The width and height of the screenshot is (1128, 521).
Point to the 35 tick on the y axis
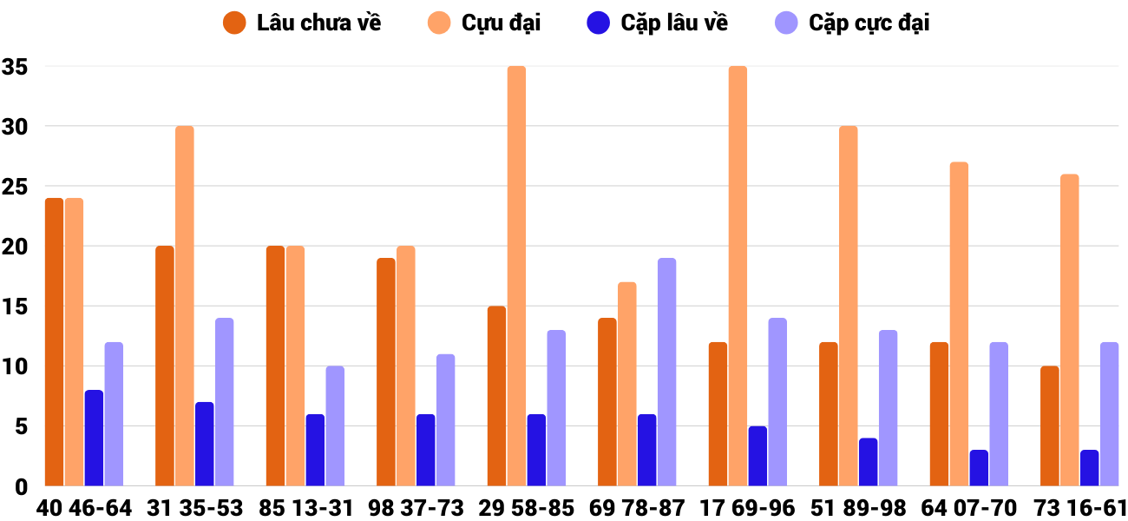tap(16, 67)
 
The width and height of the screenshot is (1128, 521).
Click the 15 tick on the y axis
tap(16, 307)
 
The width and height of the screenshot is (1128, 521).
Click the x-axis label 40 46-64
tap(84, 508)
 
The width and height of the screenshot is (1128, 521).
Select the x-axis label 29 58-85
tap(527, 508)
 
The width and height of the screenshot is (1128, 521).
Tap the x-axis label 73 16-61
tap(1079, 508)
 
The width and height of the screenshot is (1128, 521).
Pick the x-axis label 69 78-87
tap(637, 508)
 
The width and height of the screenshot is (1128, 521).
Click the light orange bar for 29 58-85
tap(516, 276)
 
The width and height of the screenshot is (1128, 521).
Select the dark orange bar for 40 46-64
tap(54, 342)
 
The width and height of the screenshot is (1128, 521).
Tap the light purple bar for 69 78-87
tap(666, 372)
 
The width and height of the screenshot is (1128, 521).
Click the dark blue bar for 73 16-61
tap(1089, 468)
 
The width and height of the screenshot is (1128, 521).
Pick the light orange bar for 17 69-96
tap(738, 276)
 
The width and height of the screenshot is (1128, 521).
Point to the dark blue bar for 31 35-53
tap(204, 444)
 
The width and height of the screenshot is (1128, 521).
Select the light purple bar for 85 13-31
tap(335, 425)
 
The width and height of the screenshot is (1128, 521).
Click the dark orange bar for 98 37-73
tap(386, 372)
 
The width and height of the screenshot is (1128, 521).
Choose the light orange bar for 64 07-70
tap(959, 324)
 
